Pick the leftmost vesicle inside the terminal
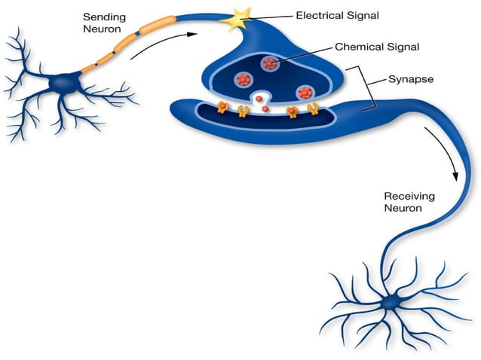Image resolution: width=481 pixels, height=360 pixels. pyautogui.click(x=243, y=79)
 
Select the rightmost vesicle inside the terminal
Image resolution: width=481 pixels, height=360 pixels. pyautogui.click(x=305, y=93)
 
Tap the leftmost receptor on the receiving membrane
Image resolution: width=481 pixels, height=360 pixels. pyautogui.click(x=222, y=108)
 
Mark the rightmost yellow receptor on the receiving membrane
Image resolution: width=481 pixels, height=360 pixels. pyautogui.click(x=312, y=111)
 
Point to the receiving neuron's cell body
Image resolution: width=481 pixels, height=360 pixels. pyautogui.click(x=391, y=304)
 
